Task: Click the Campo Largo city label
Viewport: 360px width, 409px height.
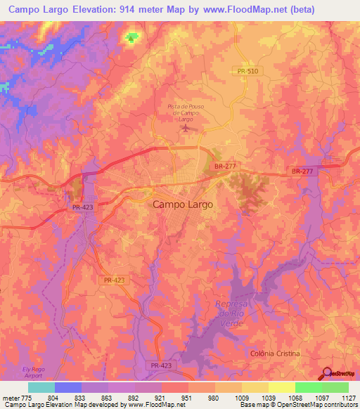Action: (183, 204)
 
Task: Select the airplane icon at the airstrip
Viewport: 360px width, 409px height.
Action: (185, 129)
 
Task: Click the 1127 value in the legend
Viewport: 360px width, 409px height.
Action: (348, 397)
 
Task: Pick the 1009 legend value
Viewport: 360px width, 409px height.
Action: (241, 397)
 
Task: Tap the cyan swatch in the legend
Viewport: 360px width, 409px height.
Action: (41, 387)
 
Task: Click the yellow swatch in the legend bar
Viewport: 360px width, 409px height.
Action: (281, 387)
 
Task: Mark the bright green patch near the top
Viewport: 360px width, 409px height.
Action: (131, 37)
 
